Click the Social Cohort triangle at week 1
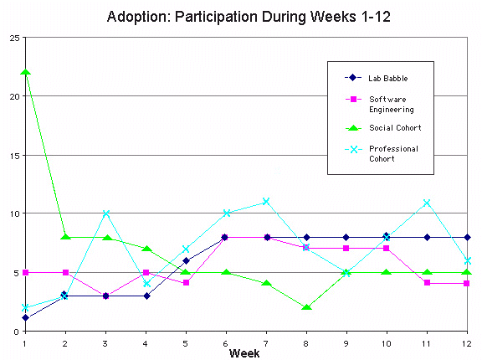[25, 72]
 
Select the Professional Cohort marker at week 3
[106, 213]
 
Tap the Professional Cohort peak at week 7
[266, 202]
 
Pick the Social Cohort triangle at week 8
[306, 306]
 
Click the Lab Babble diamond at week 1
[25, 317]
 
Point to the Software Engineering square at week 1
[25, 272]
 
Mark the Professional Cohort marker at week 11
[427, 203]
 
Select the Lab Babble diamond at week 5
[186, 260]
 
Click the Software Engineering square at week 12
[467, 283]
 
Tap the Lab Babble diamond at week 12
[467, 237]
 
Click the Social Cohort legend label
[395, 128]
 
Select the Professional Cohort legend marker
[353, 149]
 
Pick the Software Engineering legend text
[392, 105]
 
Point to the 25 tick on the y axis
[14, 39]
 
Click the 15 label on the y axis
[14, 156]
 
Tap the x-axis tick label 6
[226, 343]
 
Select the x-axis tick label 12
[467, 343]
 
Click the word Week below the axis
[244, 353]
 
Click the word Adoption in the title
[139, 17]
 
